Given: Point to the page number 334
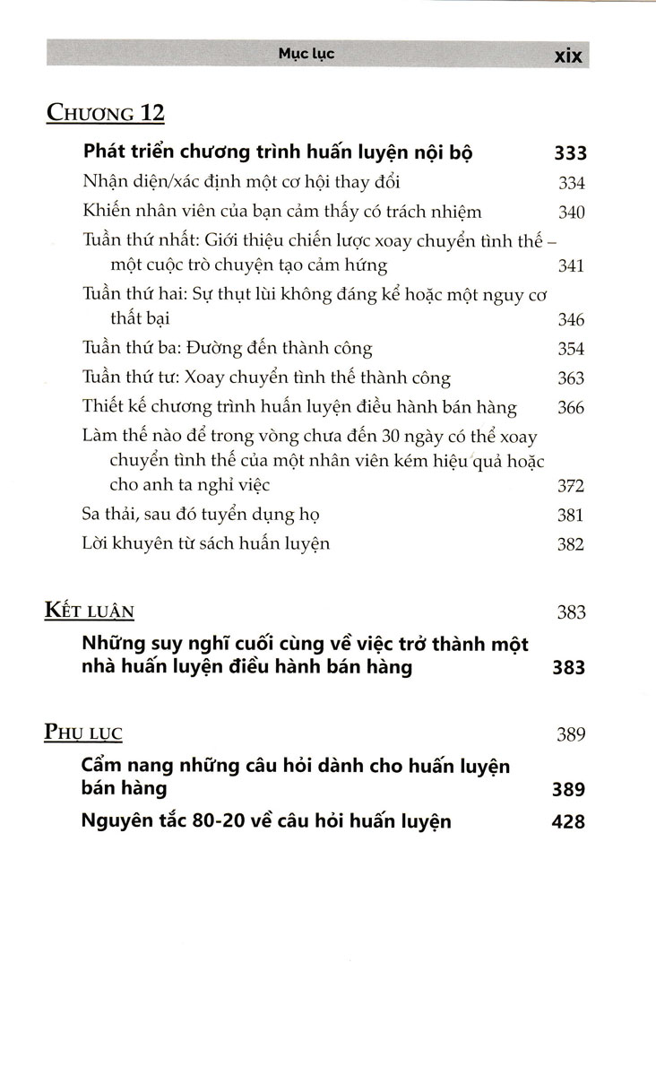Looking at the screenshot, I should coord(570,183).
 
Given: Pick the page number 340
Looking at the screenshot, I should coord(570,213).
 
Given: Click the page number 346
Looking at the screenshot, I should coord(570,319).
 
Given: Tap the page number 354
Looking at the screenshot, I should coord(570,349).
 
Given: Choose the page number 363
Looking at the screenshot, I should coord(570,378).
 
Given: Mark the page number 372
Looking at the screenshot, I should coord(570,486).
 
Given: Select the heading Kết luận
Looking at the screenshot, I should coord(90,612).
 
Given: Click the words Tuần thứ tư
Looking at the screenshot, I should coord(119,378).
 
